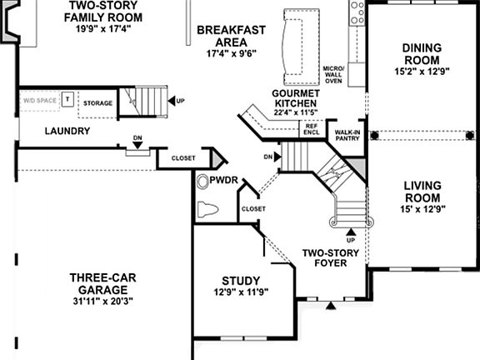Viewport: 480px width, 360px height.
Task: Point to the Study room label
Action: click(x=241, y=281)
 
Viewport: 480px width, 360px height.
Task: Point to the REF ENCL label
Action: click(x=311, y=128)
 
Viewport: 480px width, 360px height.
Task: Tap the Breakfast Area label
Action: click(x=231, y=37)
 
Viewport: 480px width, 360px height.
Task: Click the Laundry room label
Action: click(x=67, y=131)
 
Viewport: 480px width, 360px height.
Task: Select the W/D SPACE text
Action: click(x=38, y=100)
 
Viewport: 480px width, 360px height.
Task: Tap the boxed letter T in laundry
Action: click(x=68, y=99)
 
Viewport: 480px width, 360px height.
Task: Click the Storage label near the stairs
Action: click(x=98, y=103)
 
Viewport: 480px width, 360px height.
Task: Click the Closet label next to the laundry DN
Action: click(x=182, y=157)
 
